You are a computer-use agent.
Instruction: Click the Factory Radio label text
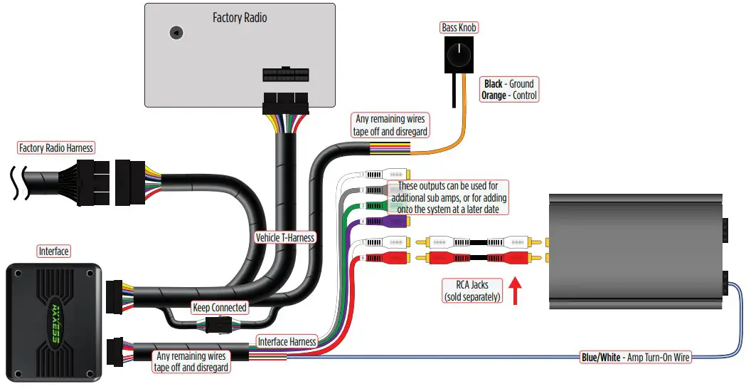coord(240,17)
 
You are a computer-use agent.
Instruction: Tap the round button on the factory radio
coord(175,32)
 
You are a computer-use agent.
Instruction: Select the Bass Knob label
coord(459,28)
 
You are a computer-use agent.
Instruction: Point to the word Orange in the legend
coord(494,95)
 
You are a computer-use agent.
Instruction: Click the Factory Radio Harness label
coord(56,148)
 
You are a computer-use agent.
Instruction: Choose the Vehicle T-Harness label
coord(284,237)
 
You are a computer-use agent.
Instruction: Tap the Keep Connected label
coord(220,308)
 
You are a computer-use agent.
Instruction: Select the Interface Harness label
coord(287,342)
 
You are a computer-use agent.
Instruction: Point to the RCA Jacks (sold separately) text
coord(472,291)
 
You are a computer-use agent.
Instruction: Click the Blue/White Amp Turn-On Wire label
coord(635,357)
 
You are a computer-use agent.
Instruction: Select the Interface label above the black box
coord(53,251)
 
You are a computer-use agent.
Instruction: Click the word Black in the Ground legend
coord(494,83)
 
